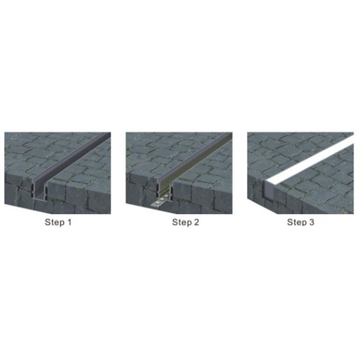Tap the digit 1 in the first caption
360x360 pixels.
pos(69,222)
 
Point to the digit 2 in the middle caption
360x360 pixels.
pos(196,222)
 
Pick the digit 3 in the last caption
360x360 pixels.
pos(311,222)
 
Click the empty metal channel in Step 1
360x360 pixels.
pos(71,166)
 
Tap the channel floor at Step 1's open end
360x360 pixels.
pos(40,196)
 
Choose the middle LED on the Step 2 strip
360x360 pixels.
pos(162,199)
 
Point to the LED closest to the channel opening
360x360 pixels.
pos(166,196)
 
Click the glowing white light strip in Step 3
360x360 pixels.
pos(310,161)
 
